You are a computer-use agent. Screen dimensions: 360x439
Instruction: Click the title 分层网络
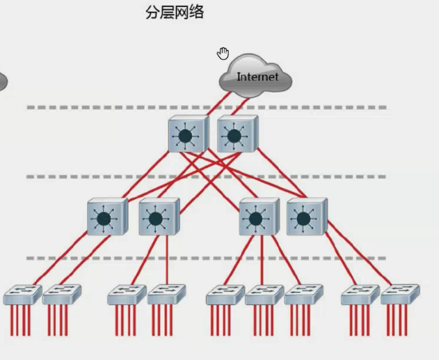tap(175, 13)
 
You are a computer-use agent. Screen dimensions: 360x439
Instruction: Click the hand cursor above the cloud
tap(223, 54)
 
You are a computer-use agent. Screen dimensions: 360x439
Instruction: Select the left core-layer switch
tap(187, 134)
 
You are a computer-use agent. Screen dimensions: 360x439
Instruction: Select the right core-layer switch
tap(237, 134)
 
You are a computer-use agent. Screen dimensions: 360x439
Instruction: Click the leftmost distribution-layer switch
tap(106, 217)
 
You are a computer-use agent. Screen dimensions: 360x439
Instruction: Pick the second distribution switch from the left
tap(158, 217)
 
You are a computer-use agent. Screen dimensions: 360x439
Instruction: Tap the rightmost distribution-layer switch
tap(305, 217)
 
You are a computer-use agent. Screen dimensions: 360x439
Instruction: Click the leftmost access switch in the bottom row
tap(22, 295)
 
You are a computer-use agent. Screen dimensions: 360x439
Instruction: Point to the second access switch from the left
tap(61, 295)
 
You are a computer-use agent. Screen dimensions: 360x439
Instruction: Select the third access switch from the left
tap(126, 295)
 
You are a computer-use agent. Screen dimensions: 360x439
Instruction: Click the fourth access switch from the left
tap(166, 295)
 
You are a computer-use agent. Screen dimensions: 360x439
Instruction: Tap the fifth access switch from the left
tap(224, 295)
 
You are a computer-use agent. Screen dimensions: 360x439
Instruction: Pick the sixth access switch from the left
tap(264, 295)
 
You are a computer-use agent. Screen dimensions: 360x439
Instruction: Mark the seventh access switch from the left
tap(303, 295)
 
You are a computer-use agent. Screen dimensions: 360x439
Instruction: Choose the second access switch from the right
tap(360, 295)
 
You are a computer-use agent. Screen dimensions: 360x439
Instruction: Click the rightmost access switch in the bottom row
tap(399, 295)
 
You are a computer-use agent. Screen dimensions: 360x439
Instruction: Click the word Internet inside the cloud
tap(257, 77)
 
